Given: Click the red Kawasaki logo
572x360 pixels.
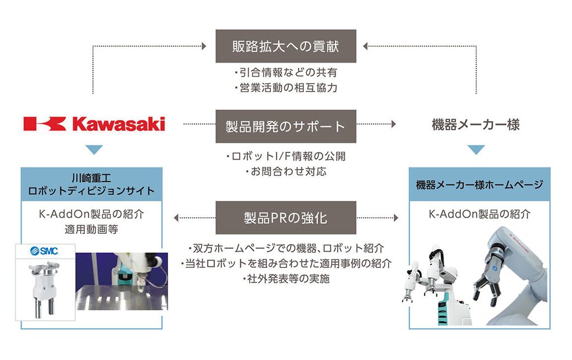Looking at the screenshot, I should tap(94, 123).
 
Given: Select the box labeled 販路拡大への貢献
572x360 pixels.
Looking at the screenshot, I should tap(285, 46).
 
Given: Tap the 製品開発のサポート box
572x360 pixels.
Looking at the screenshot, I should tap(285, 126).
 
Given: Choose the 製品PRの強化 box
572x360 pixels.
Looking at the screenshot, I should tap(285, 217).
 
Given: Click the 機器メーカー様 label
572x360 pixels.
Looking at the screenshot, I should tap(475, 124).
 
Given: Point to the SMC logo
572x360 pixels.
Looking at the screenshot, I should tap(44, 251).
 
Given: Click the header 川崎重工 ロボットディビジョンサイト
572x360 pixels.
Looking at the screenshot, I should tap(91, 185).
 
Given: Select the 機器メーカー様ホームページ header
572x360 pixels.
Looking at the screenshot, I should tap(479, 185).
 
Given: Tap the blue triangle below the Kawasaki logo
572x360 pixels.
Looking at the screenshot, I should tap(94, 150).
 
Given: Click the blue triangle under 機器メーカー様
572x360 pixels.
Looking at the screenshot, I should tap(475, 150).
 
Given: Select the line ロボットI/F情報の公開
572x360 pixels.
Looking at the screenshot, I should tap(285, 156).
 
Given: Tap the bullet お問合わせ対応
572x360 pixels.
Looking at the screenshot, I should tap(285, 171).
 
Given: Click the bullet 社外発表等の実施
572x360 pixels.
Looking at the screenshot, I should tap(285, 279).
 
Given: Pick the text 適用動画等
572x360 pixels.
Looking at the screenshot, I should tap(91, 228).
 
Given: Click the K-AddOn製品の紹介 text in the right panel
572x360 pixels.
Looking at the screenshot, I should tap(479, 214).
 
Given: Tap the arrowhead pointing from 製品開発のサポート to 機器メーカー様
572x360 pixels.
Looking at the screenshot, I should tap(394, 123).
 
